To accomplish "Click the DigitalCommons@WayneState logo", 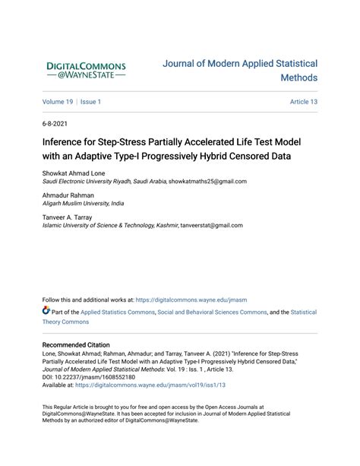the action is tap(87, 71).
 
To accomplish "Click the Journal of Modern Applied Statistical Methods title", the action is tap(240, 71).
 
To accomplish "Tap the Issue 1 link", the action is tap(90, 101).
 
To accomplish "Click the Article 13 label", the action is tap(303, 101).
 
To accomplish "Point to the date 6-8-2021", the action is tap(55, 123).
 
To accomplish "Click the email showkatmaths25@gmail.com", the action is tap(207, 182).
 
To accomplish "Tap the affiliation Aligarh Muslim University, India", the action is tap(83, 204).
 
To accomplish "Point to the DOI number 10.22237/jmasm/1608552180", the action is tap(95, 377).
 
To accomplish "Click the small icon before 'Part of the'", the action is tap(46, 312).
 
